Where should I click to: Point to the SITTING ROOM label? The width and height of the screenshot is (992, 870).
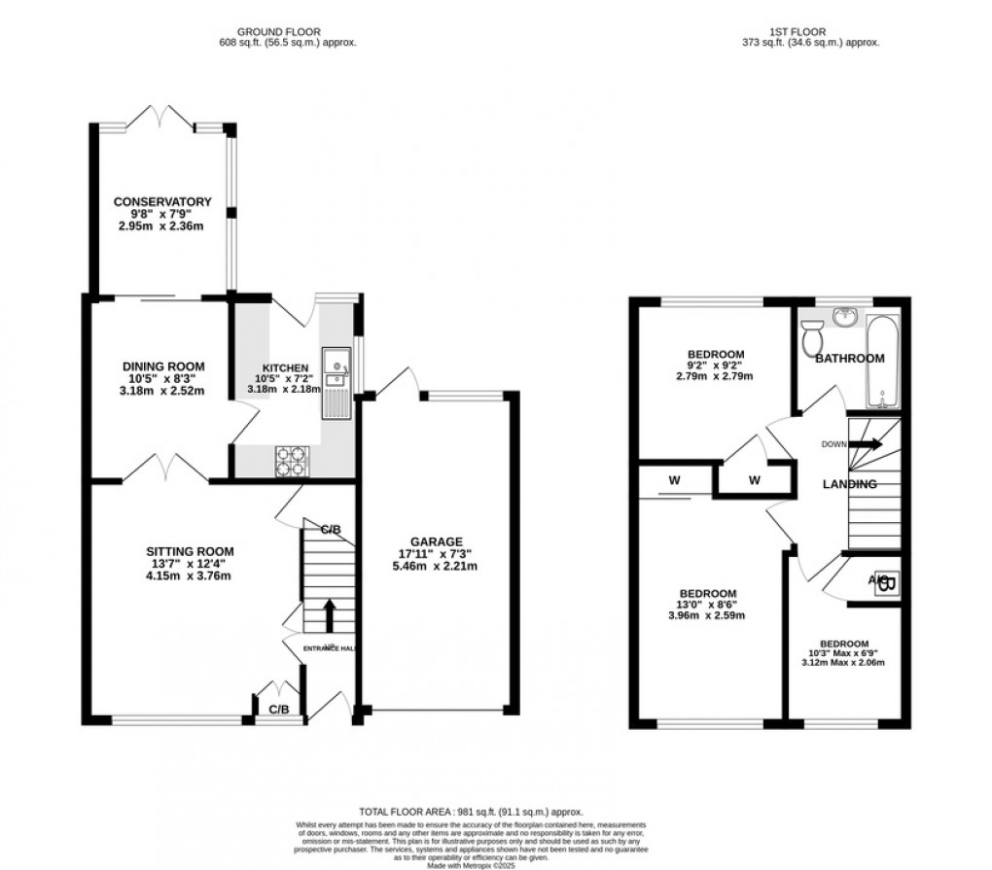(x=184, y=551)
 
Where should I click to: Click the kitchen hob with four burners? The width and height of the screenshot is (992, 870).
(x=292, y=458)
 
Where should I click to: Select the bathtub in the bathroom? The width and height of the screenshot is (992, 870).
(x=883, y=362)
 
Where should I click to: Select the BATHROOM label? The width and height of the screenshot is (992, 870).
(x=849, y=359)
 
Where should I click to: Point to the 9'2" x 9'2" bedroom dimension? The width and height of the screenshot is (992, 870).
(x=716, y=365)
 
